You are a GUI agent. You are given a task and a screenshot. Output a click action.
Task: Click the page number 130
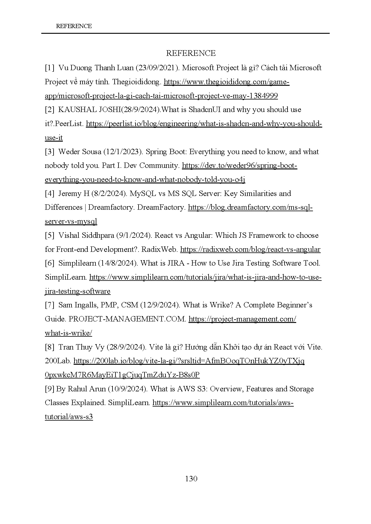pyautogui.click(x=191, y=479)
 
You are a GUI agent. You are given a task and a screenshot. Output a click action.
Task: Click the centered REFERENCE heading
pyautogui.click(x=191, y=53)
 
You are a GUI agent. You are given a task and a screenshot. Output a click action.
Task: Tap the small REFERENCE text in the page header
pyautogui.click(x=74, y=26)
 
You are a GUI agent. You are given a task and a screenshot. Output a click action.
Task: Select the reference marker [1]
pyautogui.click(x=50, y=68)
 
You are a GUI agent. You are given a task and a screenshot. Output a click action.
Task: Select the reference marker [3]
pyautogui.click(x=50, y=152)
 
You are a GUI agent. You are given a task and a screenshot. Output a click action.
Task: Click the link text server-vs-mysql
pyautogui.click(x=71, y=221)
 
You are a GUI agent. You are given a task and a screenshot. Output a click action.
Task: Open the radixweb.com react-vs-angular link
pyautogui.click(x=250, y=249)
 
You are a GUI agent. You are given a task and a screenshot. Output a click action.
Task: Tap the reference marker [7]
pyautogui.click(x=50, y=305)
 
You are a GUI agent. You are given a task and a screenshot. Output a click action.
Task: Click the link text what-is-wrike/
pyautogui.click(x=69, y=333)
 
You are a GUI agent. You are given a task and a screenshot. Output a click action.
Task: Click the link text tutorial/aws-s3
pyautogui.click(x=69, y=417)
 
